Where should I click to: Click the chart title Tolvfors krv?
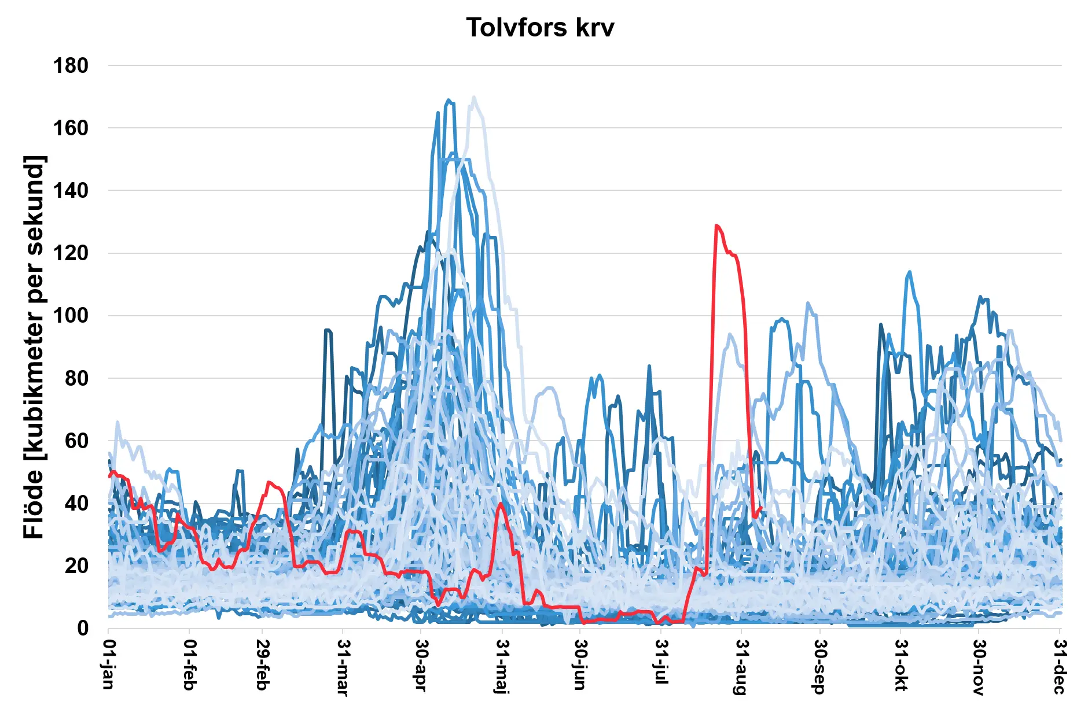point(539,28)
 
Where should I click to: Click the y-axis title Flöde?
point(34,347)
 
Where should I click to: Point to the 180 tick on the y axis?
point(71,66)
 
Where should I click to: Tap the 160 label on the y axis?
point(71,128)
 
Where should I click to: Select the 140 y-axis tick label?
point(71,191)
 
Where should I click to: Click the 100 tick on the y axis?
point(71,316)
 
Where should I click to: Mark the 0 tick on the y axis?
point(83,629)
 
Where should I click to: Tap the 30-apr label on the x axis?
point(421,665)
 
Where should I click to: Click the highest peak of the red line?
point(716,226)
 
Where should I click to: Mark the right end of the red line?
point(761,508)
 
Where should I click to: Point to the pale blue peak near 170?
point(474,97)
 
